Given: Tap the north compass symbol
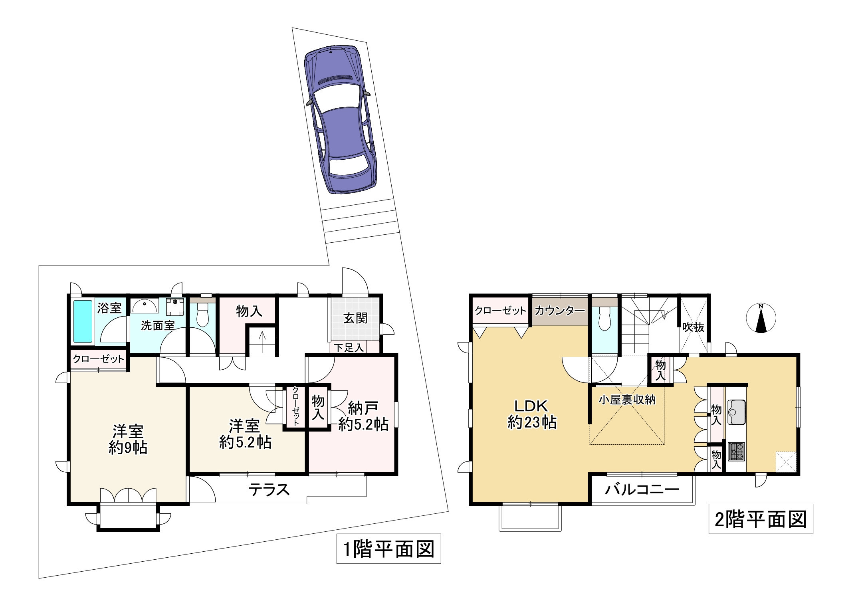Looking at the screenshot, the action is click(x=761, y=318).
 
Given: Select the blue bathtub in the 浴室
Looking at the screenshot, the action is click(x=83, y=322).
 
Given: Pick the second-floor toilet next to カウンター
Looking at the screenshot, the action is click(x=605, y=318).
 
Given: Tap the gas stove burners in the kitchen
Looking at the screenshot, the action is click(x=736, y=452).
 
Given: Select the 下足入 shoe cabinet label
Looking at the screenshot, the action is click(x=349, y=348).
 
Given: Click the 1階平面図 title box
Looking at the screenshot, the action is click(x=388, y=549).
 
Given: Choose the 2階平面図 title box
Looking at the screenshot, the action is click(x=761, y=519).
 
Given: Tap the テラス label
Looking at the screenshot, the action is click(x=269, y=489).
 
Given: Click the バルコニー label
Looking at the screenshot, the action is click(x=642, y=489).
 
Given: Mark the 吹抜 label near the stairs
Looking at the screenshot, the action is click(x=693, y=327).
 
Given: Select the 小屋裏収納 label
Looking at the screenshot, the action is click(x=627, y=400).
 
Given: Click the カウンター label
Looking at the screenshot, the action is click(x=560, y=311).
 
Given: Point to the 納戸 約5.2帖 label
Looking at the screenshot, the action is click(x=363, y=416).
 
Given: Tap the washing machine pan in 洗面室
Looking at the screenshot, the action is click(x=175, y=307).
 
